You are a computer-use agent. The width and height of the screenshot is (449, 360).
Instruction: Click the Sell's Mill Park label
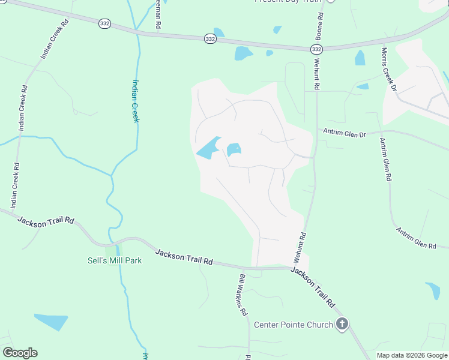(x=115, y=261)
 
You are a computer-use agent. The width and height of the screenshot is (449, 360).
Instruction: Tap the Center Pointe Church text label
(x=293, y=325)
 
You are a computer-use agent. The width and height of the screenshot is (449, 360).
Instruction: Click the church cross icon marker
(x=342, y=325)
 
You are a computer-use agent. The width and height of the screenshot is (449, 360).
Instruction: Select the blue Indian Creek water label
(x=136, y=101)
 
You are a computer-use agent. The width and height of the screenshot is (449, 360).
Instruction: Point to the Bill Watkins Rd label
(x=243, y=295)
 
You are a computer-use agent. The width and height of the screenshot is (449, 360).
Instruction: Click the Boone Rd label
(x=319, y=26)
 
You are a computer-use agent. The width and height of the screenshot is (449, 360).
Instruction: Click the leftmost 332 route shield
(x=104, y=23)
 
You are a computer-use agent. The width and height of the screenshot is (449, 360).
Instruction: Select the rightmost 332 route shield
(x=318, y=49)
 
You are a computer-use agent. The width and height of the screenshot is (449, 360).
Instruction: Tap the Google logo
(x=20, y=353)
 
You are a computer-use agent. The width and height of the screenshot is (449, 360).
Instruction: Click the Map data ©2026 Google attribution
(x=412, y=355)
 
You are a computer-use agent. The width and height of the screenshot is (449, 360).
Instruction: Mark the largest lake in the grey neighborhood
(x=208, y=148)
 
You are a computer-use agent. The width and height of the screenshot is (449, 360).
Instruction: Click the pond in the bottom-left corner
(x=52, y=321)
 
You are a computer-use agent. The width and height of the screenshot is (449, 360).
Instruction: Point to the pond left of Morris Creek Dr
(x=360, y=58)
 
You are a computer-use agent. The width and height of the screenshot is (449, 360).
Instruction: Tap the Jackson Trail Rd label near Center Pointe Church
(x=312, y=287)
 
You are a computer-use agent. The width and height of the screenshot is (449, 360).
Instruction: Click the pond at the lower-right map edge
(x=433, y=290)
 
